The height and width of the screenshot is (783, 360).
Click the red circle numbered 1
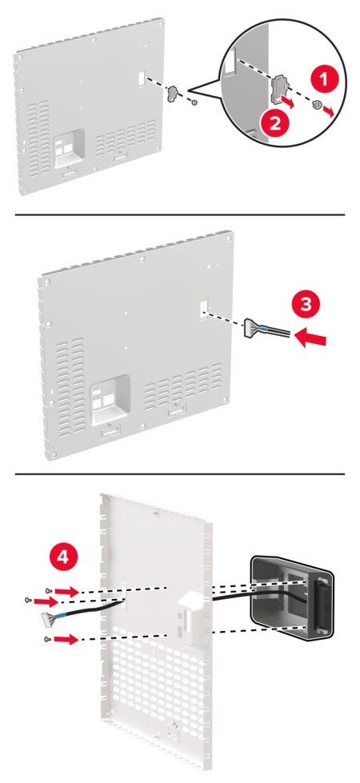(x=325, y=79)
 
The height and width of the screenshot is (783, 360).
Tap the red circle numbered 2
(x=275, y=123)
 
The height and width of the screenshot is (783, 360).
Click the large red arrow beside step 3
(x=310, y=338)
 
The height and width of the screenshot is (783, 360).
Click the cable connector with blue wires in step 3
(x=255, y=329)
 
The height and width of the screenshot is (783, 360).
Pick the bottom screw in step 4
(x=47, y=639)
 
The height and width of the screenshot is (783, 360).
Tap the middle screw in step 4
(x=28, y=599)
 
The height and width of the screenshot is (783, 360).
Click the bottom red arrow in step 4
(x=67, y=639)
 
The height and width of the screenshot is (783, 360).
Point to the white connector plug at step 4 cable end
(x=49, y=617)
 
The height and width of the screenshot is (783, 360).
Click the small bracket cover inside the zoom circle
(x=279, y=90)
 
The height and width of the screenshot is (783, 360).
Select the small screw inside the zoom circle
(x=315, y=104)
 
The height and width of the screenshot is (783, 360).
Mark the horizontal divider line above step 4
(x=179, y=474)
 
